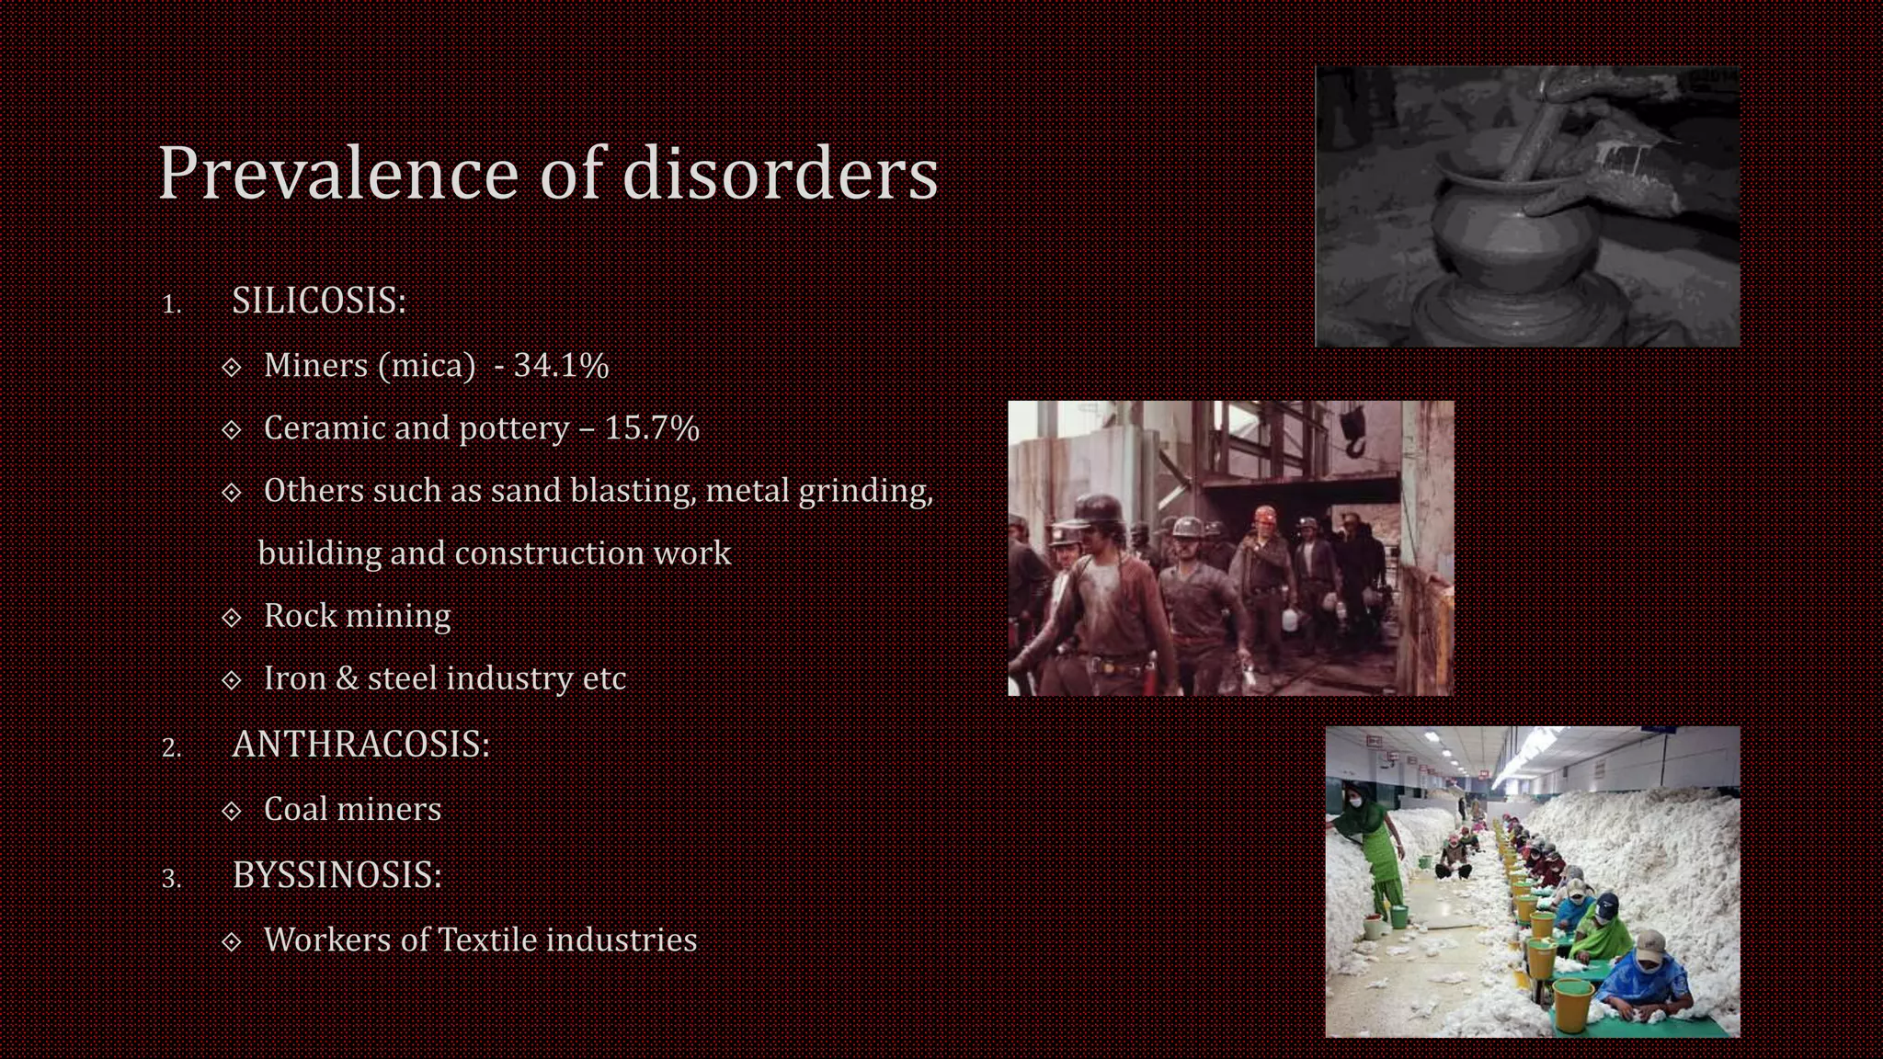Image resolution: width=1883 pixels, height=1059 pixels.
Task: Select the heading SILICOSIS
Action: coord(318,301)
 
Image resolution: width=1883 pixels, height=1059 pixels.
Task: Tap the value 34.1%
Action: coord(561,366)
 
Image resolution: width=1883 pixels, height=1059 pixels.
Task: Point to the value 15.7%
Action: coord(651,428)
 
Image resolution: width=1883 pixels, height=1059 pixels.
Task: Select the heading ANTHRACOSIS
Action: coord(360,744)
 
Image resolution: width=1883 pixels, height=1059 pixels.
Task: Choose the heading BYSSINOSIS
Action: coord(337,874)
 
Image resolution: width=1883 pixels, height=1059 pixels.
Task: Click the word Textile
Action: coord(487,939)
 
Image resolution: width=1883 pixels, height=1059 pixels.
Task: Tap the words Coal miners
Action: coord(352,809)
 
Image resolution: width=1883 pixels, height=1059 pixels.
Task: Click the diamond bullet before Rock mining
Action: coord(232,617)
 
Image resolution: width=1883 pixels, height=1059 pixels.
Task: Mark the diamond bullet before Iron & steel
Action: coord(232,679)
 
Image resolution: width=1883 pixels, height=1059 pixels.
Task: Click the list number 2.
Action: coord(171,747)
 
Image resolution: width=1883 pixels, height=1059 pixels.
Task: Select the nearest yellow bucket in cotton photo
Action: coord(1572,1002)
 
